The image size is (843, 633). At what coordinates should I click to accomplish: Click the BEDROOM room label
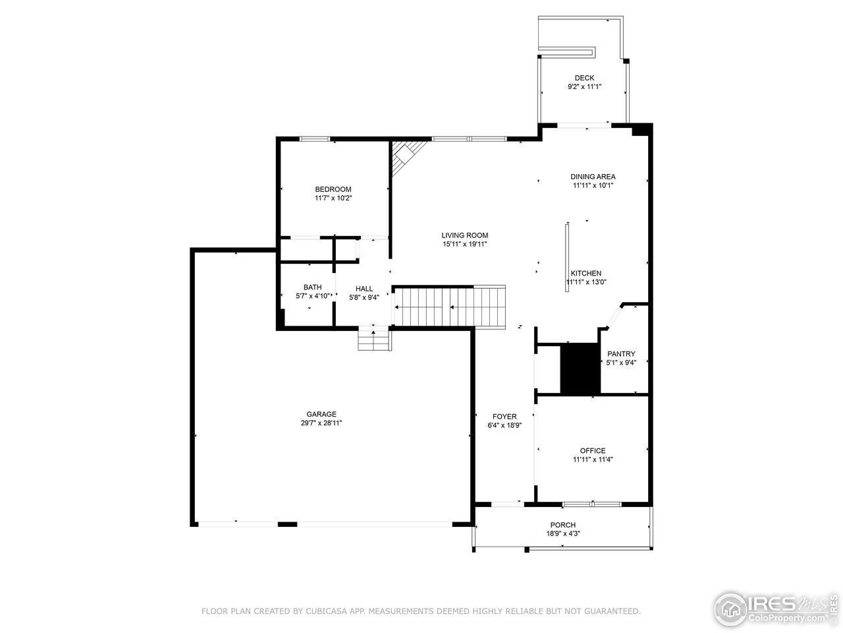click(333, 189)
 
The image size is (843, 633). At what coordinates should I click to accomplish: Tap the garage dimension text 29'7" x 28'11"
click(321, 423)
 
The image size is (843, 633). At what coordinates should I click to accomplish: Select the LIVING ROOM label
click(464, 235)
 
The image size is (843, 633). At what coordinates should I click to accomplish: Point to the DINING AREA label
click(593, 177)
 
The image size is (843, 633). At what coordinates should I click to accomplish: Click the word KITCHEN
click(585, 273)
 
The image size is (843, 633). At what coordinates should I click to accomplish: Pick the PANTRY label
click(621, 353)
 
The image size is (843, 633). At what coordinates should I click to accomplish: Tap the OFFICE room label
click(593, 450)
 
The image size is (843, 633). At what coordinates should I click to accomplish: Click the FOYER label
click(504, 416)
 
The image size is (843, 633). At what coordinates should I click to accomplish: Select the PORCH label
click(562, 525)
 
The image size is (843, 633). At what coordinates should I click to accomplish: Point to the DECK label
click(584, 78)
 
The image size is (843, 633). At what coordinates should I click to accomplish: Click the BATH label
click(312, 287)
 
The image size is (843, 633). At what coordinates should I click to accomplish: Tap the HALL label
click(364, 289)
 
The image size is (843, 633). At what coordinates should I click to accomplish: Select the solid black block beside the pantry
click(580, 369)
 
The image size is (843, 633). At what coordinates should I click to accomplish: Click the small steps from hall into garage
click(374, 340)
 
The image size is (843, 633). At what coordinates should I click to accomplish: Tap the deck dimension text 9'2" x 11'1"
click(584, 87)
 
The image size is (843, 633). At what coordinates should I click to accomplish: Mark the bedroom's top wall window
click(315, 138)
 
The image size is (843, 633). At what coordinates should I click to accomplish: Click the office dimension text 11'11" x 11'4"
click(593, 460)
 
